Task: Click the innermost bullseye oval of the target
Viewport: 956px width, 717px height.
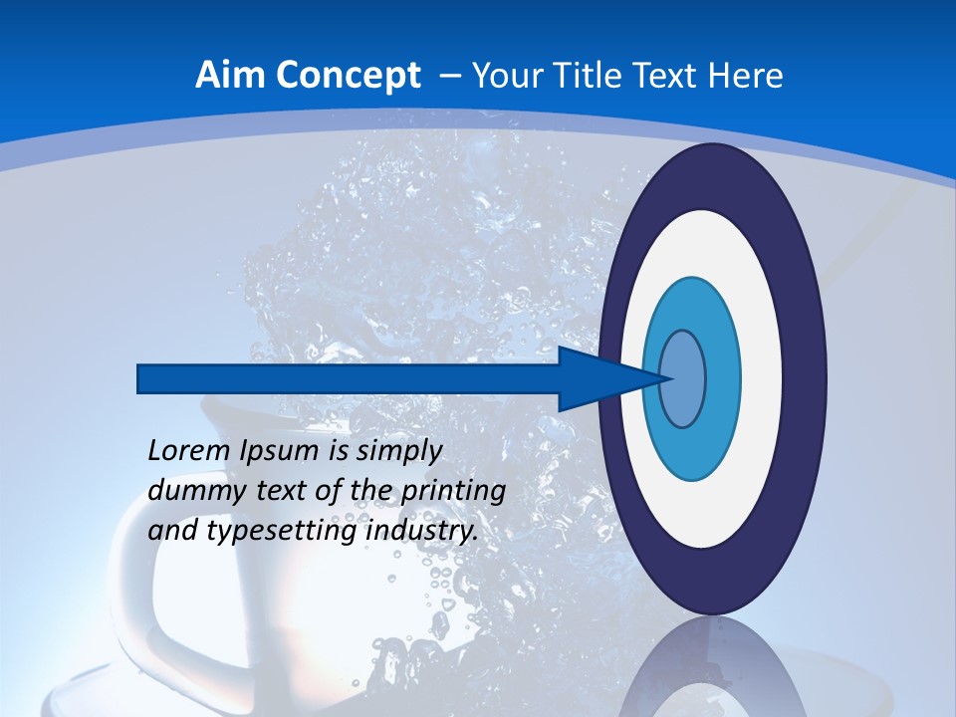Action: click(x=683, y=378)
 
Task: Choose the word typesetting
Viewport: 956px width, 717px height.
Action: click(x=281, y=532)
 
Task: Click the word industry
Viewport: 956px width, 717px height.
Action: click(x=422, y=532)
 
